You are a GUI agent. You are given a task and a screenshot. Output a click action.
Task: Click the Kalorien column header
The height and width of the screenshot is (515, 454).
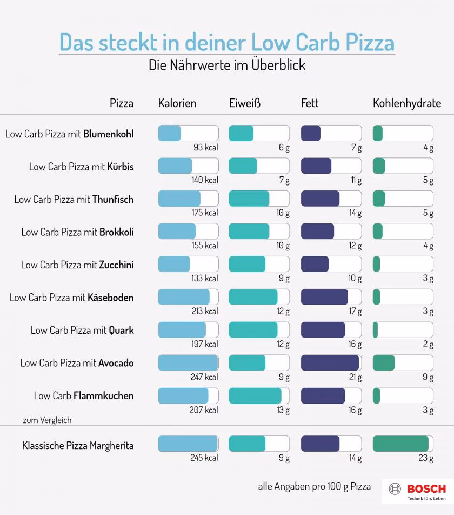tap(177, 103)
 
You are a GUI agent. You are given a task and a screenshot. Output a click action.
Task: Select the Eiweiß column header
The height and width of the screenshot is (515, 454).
tap(245, 103)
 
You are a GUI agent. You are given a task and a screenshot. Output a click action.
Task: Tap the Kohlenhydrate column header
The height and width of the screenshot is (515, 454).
tap(406, 103)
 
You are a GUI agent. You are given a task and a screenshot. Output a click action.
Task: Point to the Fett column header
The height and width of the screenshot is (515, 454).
tap(310, 103)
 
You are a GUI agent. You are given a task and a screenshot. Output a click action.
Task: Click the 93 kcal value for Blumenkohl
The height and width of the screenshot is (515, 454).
tap(206, 148)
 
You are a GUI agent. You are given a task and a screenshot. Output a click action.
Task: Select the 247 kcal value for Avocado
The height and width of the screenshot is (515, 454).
tap(204, 377)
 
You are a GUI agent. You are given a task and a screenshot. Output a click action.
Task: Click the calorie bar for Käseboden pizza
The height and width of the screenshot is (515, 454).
tap(188, 297)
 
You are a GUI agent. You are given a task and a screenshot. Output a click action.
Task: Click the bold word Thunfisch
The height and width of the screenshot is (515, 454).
tap(113, 200)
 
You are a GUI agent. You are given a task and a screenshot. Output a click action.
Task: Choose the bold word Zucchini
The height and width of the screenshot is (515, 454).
tap(116, 265)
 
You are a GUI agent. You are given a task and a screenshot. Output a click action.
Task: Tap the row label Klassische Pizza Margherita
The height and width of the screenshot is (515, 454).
tap(78, 446)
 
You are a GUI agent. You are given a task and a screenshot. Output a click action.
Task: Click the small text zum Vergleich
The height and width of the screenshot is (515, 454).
tap(47, 420)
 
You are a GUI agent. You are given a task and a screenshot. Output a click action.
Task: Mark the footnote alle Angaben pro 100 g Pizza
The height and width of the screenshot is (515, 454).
tap(315, 486)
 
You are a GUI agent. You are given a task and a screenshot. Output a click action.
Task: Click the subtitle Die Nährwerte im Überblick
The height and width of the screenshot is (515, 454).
tap(227, 65)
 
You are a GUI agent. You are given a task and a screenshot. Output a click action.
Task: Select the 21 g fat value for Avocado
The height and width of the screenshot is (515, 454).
tap(355, 377)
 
